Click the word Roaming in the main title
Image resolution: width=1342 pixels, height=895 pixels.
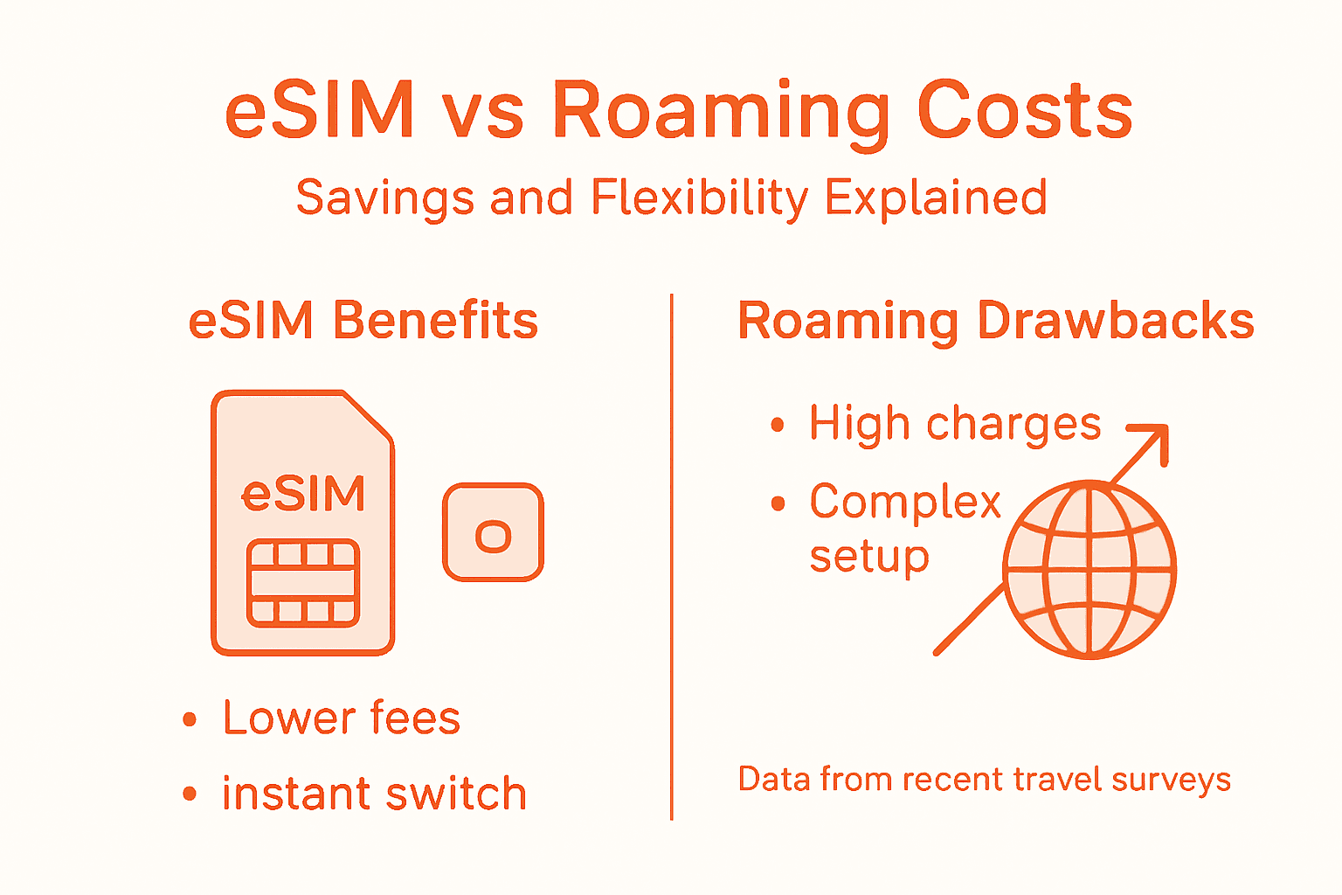[723, 112]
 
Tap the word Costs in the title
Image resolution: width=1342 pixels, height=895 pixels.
[1025, 112]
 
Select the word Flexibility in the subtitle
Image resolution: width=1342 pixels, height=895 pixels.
[700, 198]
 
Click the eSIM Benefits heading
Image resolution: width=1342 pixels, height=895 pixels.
[363, 321]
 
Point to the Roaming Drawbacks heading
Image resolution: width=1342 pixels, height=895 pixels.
[996, 321]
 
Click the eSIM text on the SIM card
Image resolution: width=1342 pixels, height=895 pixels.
[303, 494]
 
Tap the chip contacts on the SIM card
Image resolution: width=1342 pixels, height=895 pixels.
[303, 583]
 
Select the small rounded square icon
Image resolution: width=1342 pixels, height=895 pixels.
[493, 532]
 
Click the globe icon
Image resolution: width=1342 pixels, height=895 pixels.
[1089, 570]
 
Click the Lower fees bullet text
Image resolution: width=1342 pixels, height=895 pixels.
[342, 718]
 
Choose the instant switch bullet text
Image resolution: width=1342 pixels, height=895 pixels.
[374, 794]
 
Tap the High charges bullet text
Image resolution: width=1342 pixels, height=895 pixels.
[955, 425]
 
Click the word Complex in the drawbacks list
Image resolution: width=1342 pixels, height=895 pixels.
[905, 503]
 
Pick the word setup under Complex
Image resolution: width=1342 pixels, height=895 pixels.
[869, 557]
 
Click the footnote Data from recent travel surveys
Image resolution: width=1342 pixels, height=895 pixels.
[985, 779]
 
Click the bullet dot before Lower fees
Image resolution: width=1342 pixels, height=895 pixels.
[190, 720]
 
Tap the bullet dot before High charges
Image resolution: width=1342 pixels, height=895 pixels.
[778, 426]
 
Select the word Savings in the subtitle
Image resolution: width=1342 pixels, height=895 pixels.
[385, 198]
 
